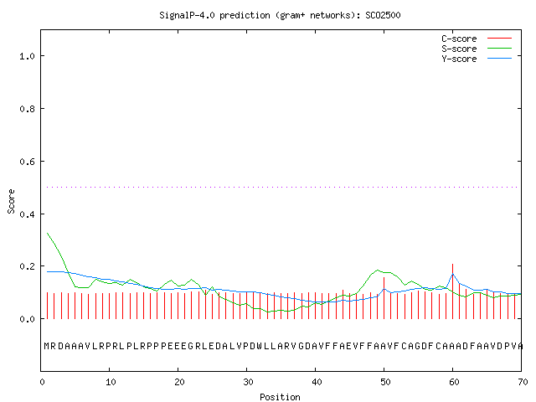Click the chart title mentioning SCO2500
pos(280,15)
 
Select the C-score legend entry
pos(477,39)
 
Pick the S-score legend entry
pos(477,49)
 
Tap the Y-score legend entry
pos(477,59)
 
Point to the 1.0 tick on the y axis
pos(27,56)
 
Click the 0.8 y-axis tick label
pos(27,109)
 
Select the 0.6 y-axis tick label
pos(27,162)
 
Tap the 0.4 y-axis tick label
pos(27,214)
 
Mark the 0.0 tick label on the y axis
pos(27,319)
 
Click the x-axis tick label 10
pos(111,382)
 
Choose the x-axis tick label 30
pos(248,382)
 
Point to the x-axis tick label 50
pos(385,382)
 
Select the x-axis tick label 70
pos(523,382)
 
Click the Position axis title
pos(280,397)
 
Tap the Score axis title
pos(11,201)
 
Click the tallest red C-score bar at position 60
pos(452,291)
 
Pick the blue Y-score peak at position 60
pos(453,274)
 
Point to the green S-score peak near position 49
pos(378,270)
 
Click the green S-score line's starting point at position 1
pos(47,233)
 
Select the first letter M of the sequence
pos(47,346)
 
